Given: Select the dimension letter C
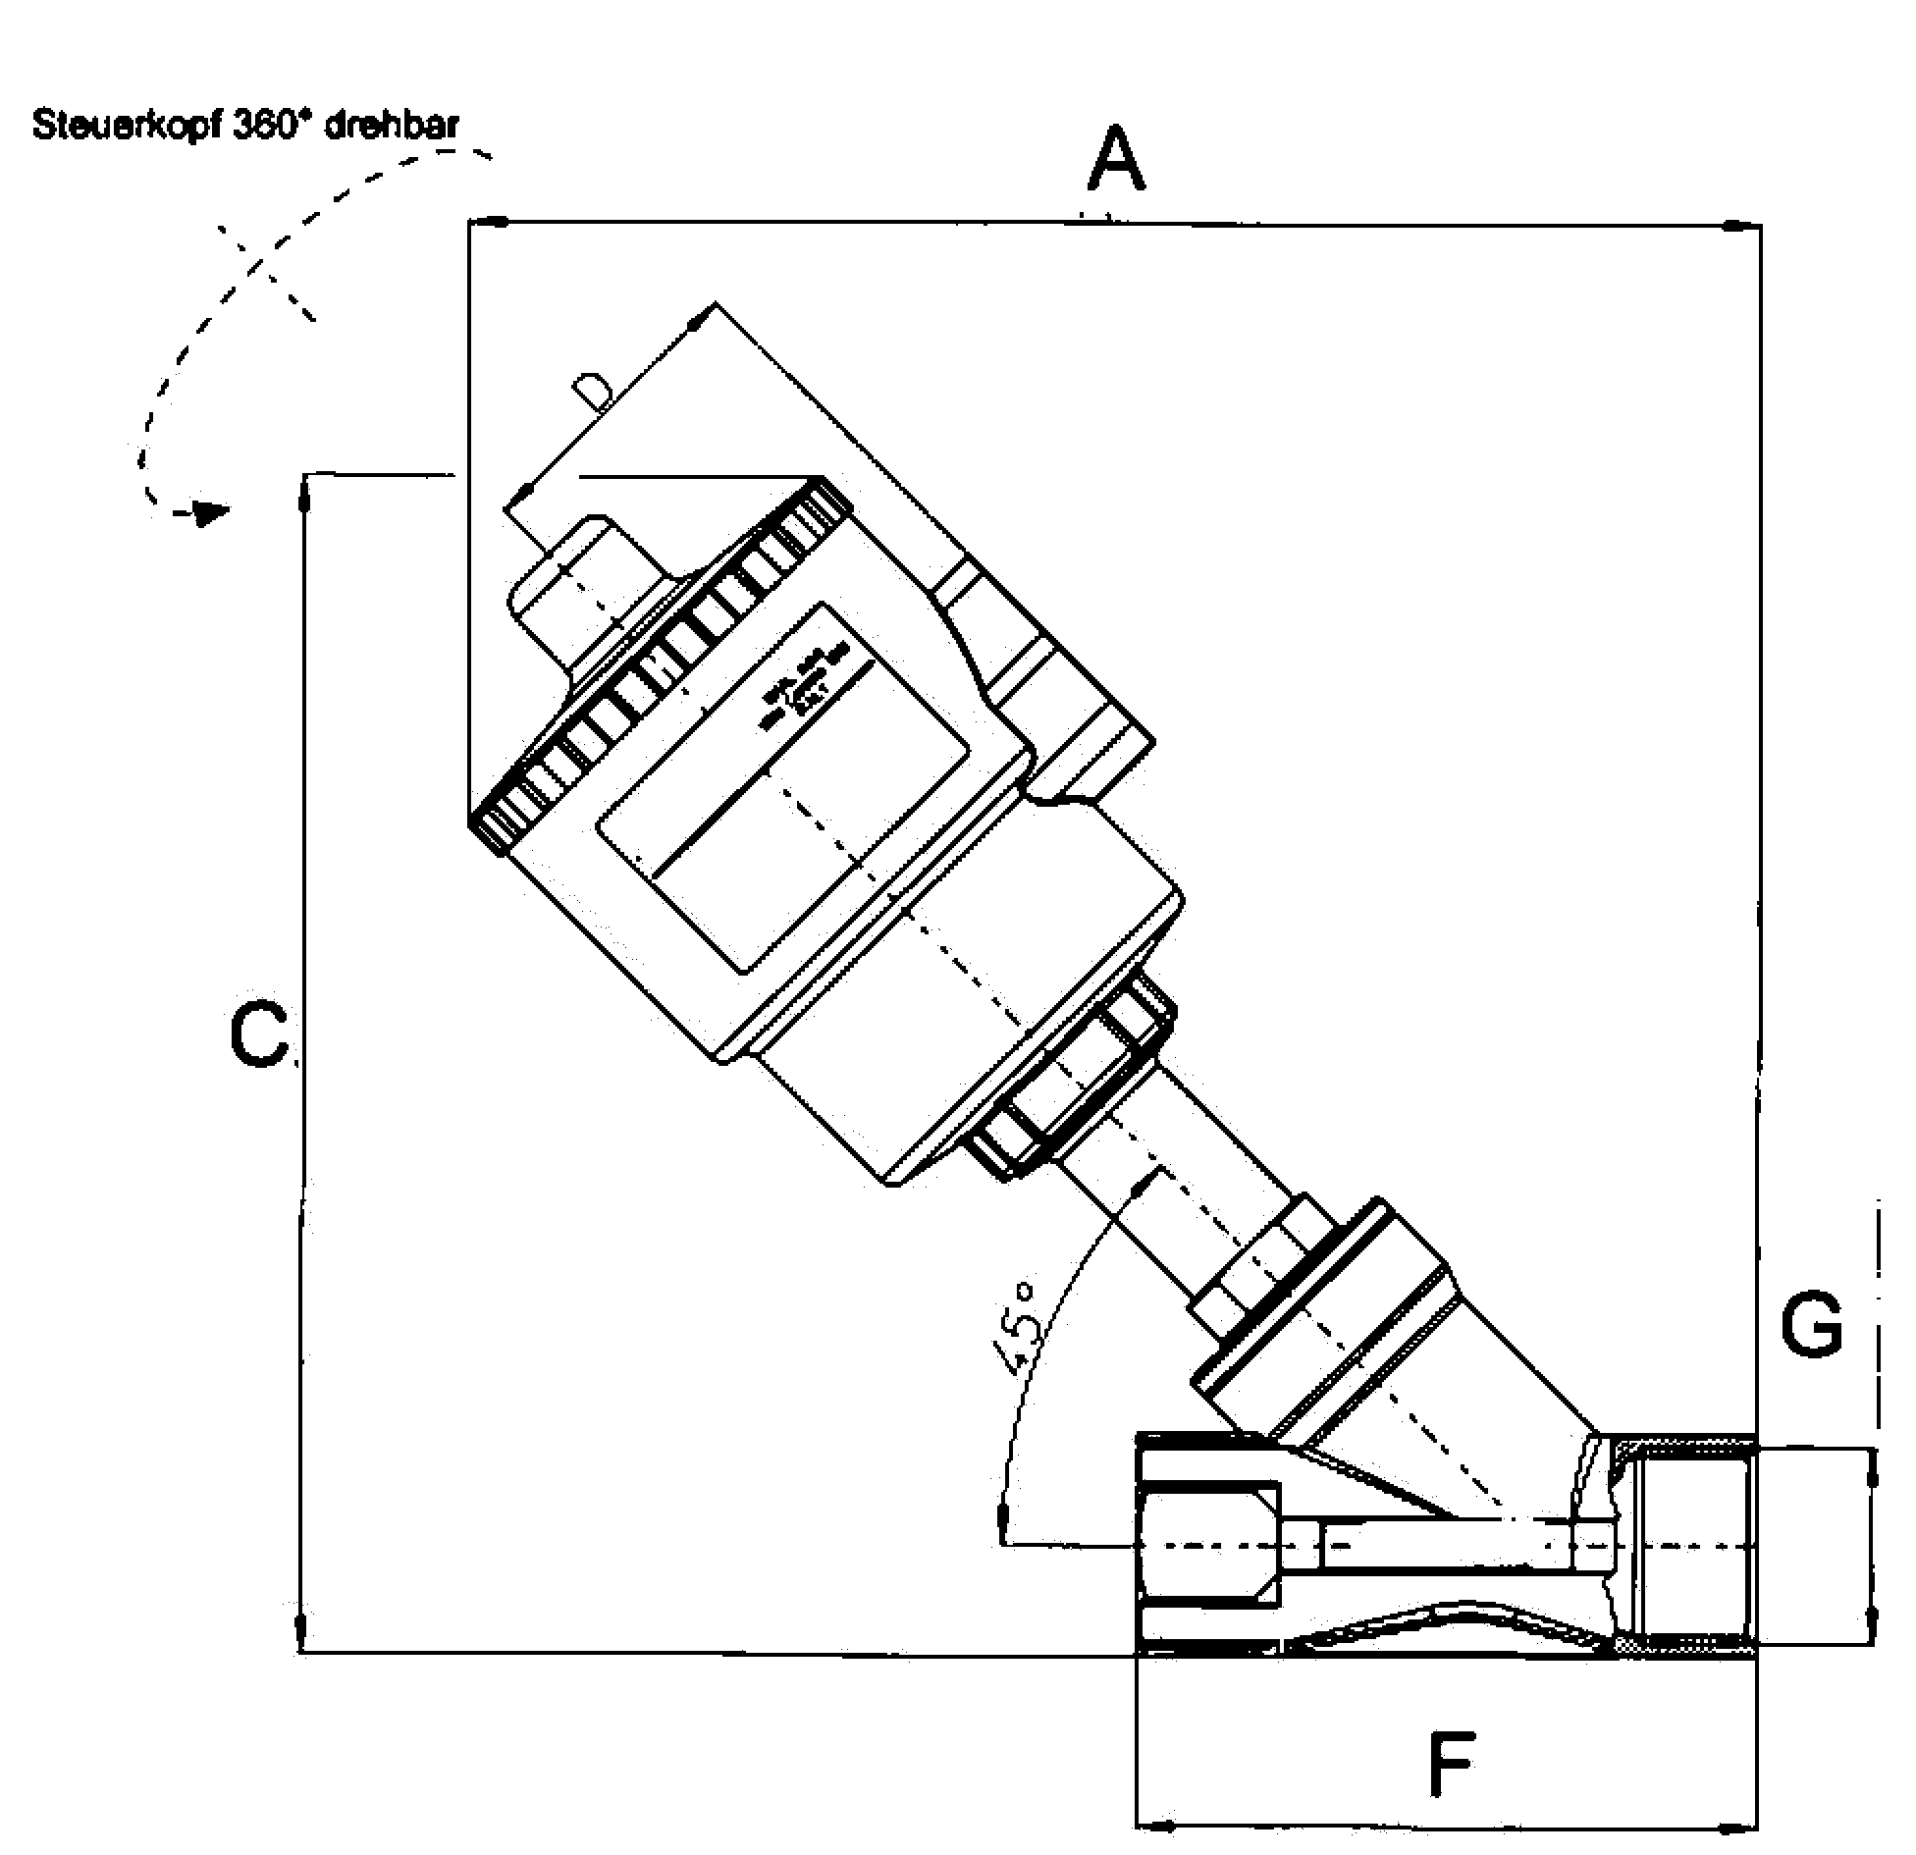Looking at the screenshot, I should (x=259, y=1035).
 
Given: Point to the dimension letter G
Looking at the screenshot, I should (x=1812, y=1325).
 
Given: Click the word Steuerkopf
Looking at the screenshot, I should (x=128, y=127).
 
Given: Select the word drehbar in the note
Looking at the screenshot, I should (x=391, y=127).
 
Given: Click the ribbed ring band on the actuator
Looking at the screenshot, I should (x=658, y=667).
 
